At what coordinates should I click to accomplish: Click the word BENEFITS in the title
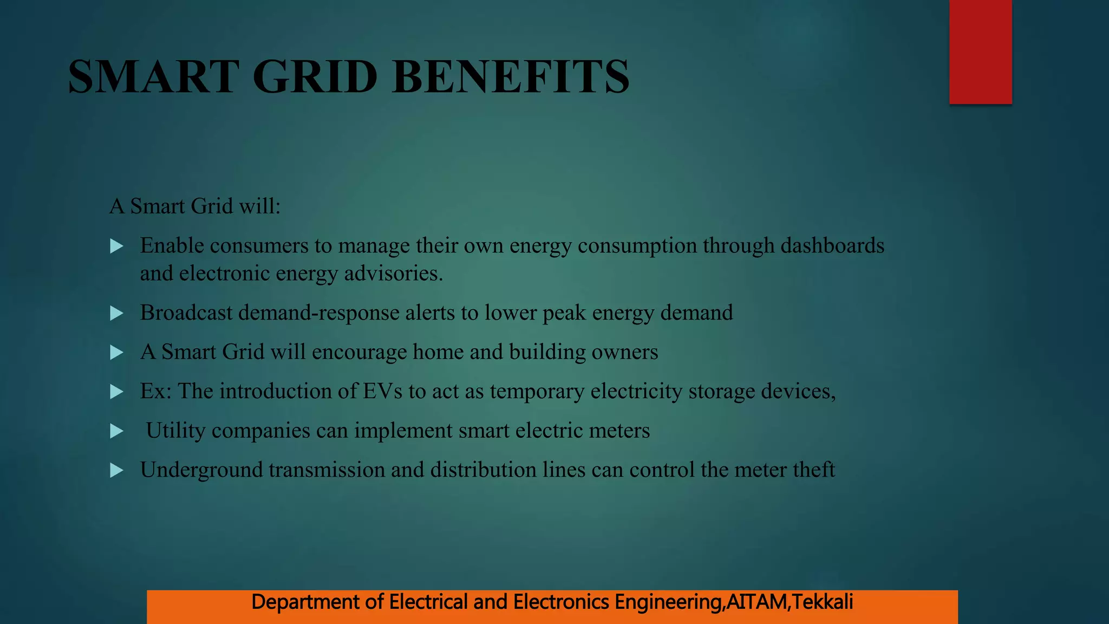point(511,77)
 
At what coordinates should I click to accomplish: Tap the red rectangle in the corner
point(980,51)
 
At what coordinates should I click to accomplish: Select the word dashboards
point(832,246)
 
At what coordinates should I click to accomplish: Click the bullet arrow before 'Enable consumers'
point(116,246)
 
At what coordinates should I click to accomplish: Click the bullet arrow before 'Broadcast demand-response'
point(116,313)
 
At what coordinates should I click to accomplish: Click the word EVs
point(382,391)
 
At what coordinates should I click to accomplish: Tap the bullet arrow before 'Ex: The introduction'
point(116,392)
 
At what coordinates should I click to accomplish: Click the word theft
point(813,470)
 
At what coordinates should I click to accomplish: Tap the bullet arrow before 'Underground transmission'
point(116,470)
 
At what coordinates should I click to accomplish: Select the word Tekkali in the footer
point(822,602)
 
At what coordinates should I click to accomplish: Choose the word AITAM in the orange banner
point(757,602)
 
